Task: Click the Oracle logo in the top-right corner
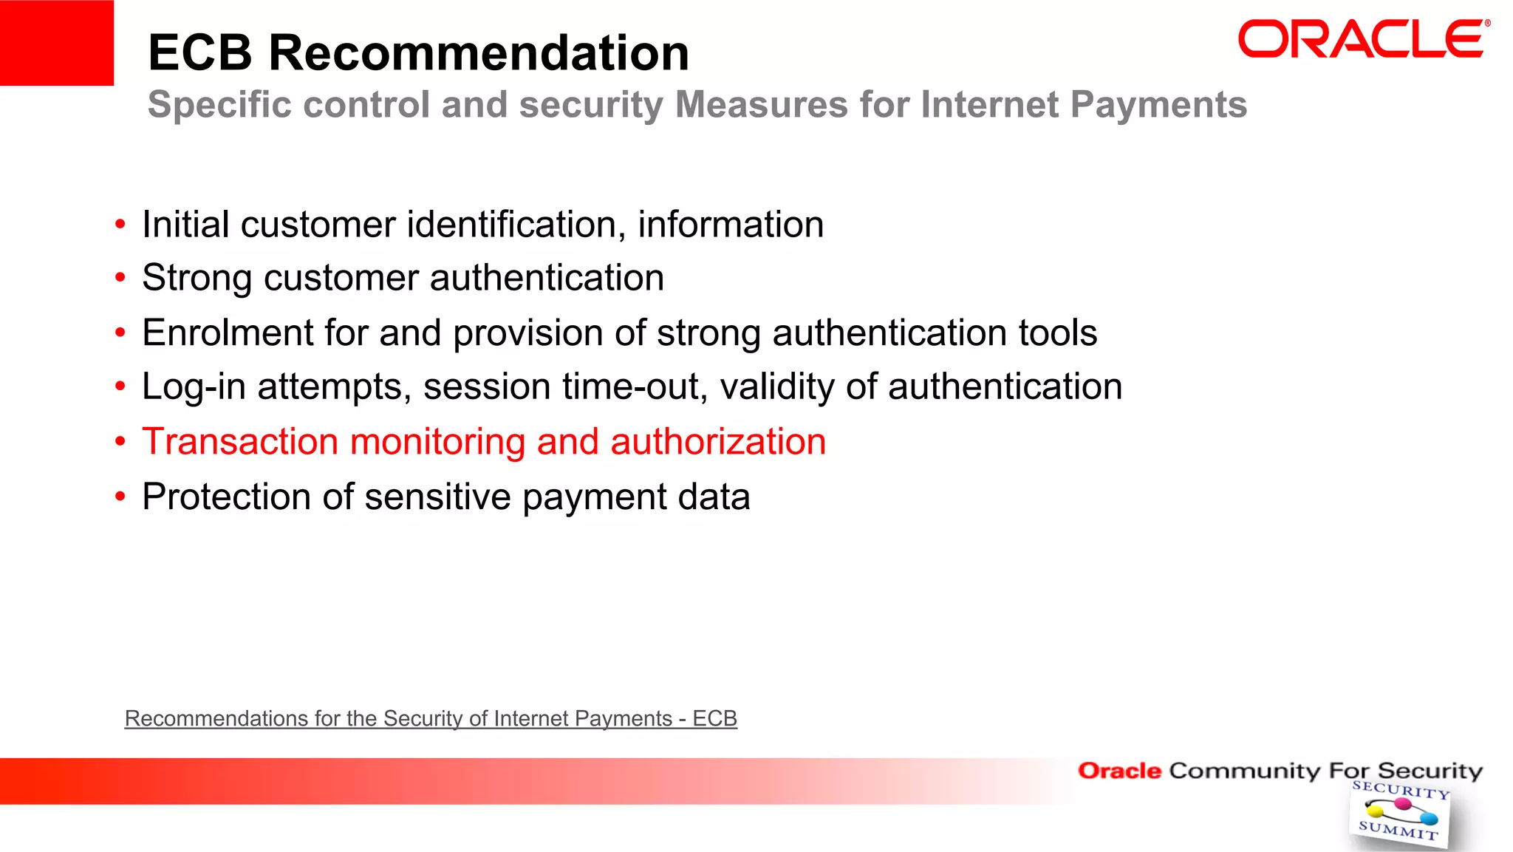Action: (x=1363, y=40)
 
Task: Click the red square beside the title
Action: (x=56, y=43)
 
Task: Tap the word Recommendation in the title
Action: (x=479, y=53)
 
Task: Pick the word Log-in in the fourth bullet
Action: (x=194, y=387)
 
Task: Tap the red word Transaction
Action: (x=240, y=442)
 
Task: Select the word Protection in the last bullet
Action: (x=227, y=497)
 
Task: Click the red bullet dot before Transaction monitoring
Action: (x=120, y=442)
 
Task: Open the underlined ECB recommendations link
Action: (x=431, y=718)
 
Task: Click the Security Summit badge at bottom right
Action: (x=1398, y=814)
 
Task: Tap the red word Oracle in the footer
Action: (x=1119, y=771)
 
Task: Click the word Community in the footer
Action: (x=1244, y=771)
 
